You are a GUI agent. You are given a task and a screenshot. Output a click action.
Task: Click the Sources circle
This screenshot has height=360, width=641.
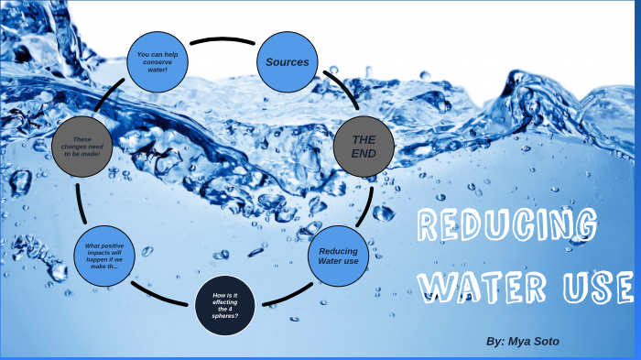click(288, 61)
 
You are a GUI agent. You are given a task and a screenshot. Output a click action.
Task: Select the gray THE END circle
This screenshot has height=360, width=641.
click(364, 146)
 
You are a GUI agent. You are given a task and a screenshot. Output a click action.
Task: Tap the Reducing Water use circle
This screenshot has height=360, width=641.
click(338, 256)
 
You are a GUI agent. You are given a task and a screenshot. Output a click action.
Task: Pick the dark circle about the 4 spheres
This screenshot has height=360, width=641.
click(225, 304)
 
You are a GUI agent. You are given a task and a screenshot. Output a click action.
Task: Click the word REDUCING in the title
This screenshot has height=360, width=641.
click(507, 225)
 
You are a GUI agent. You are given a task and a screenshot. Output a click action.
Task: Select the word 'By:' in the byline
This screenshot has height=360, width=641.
click(495, 341)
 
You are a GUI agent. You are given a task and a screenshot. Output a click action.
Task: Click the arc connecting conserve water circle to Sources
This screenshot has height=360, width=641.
click(222, 39)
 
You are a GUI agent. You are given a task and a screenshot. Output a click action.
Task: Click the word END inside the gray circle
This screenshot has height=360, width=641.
click(364, 153)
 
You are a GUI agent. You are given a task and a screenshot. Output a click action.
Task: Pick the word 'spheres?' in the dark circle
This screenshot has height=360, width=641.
click(225, 316)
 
